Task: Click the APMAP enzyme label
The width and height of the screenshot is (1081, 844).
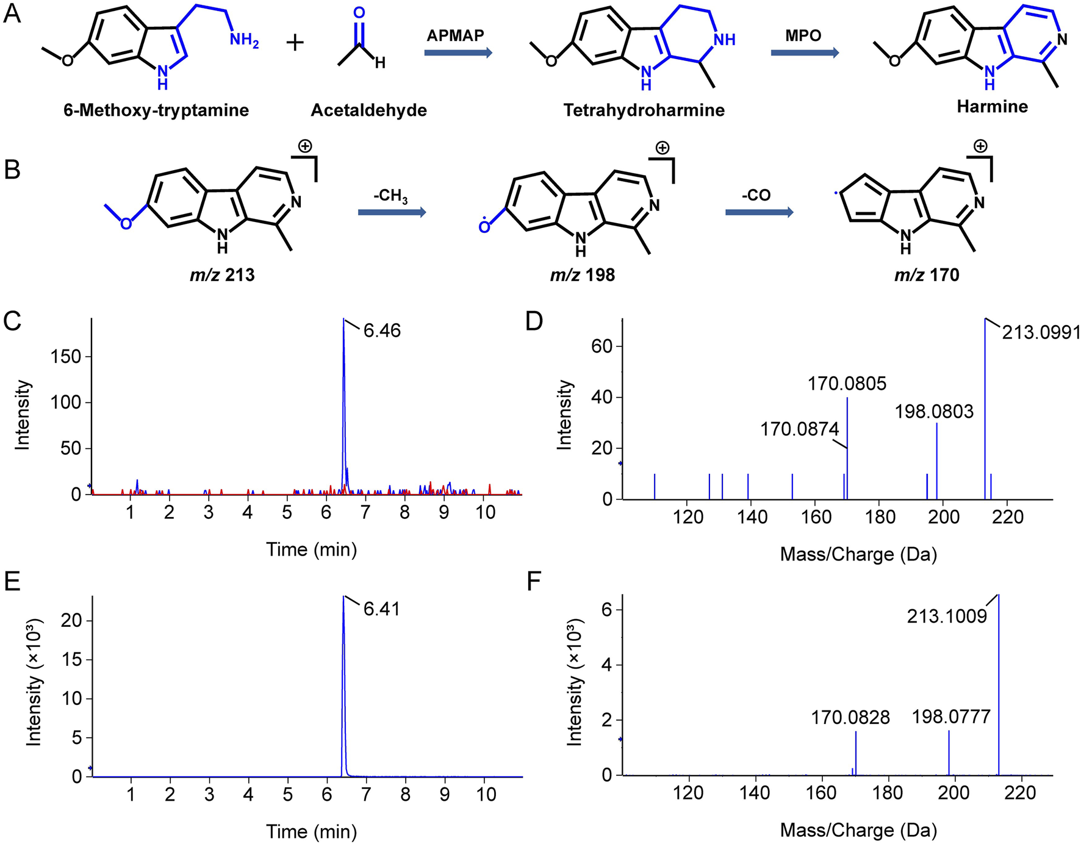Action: click(454, 35)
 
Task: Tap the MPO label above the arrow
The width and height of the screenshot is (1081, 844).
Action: click(803, 35)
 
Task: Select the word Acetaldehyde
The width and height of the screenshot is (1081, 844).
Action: click(368, 110)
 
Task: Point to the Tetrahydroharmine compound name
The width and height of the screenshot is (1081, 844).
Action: click(644, 110)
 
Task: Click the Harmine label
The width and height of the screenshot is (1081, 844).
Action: click(992, 107)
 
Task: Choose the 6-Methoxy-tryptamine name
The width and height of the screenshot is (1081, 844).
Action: click(156, 110)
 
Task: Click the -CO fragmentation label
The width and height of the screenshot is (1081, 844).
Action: click(756, 195)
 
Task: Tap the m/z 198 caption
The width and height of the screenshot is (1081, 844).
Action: click(582, 275)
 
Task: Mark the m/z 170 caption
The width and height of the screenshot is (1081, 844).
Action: click(927, 275)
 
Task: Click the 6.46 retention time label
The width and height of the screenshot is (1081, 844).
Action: click(382, 331)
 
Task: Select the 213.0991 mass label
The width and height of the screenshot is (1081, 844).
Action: click(1041, 332)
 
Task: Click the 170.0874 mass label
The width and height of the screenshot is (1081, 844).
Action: click(799, 429)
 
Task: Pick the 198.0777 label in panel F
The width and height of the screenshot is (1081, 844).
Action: click(951, 717)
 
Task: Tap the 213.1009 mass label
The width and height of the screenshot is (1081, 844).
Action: click(947, 617)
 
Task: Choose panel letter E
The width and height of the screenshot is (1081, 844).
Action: click(12, 582)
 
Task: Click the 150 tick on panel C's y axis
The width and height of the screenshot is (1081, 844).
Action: click(67, 357)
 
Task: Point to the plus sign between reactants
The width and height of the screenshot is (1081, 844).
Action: click(295, 43)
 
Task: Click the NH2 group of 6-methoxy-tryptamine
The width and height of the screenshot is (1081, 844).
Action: click(244, 40)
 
